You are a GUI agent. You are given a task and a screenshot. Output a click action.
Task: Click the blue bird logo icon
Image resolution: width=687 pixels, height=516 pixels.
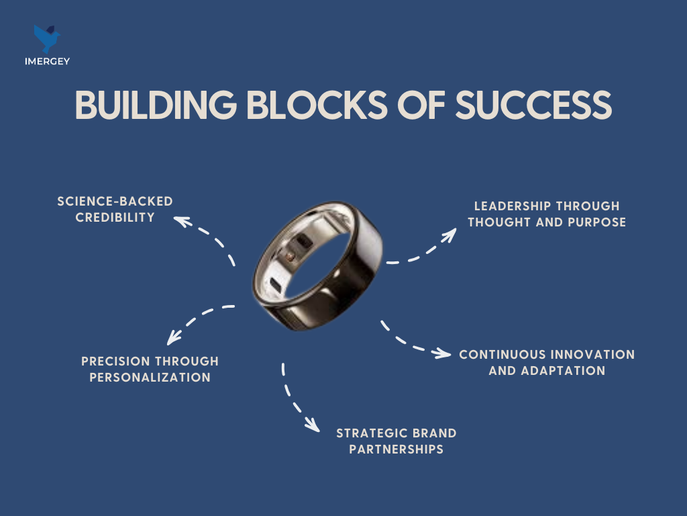47,38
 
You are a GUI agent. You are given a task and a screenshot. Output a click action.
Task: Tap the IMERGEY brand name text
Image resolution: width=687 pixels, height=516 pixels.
48,61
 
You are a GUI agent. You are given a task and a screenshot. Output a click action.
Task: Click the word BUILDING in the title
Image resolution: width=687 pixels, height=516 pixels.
156,105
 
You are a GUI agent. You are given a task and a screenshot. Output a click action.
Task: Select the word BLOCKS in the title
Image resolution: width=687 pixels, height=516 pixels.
317,105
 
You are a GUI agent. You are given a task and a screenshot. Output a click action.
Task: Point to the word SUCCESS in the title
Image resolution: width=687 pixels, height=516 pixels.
533,105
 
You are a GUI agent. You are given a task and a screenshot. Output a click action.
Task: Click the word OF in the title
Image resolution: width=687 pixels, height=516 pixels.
421,105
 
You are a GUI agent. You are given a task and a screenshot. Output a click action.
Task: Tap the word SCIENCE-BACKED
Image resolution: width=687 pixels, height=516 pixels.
115,202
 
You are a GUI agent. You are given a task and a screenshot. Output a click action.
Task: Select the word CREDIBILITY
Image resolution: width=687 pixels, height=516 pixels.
115,218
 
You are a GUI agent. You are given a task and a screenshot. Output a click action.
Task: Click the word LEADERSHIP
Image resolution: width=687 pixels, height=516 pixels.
513,206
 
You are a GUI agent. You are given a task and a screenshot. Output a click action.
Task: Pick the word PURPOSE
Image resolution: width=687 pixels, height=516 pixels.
596,222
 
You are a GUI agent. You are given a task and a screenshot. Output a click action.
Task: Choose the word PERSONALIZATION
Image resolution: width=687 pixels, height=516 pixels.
150,378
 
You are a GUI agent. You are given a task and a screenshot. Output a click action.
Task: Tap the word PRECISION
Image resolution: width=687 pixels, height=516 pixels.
115,361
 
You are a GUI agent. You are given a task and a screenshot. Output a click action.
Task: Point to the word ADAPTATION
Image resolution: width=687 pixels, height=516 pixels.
563,371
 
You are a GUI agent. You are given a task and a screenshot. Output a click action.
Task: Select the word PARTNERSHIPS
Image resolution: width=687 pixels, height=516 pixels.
397,449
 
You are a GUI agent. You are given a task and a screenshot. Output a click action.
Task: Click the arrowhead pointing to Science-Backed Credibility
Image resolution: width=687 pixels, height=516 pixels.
182,221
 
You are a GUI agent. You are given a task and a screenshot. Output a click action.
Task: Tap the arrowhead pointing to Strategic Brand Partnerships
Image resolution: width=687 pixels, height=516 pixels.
313,425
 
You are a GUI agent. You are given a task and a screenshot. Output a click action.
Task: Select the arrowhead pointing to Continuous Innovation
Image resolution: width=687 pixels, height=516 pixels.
442,353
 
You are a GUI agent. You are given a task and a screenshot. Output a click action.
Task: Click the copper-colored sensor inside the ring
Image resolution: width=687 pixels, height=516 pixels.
290,256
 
